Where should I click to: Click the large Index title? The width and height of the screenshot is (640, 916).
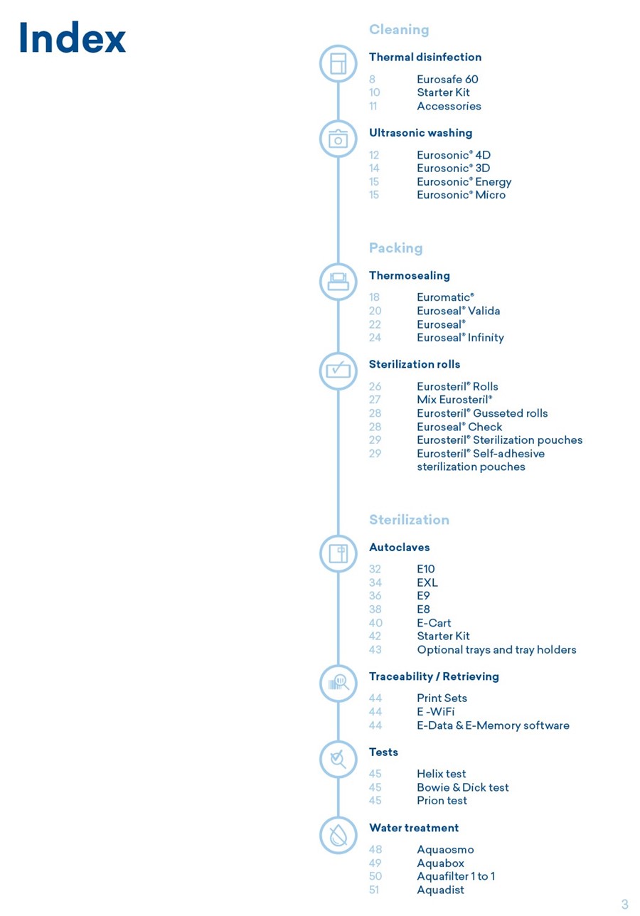point(73,37)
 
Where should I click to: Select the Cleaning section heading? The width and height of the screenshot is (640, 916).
point(399,30)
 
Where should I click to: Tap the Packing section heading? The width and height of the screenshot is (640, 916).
point(395,248)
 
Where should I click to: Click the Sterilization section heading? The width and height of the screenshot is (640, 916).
point(409,519)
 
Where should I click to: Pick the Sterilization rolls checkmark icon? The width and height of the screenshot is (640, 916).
point(338,371)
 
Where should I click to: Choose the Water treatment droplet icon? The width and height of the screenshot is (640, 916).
point(338,835)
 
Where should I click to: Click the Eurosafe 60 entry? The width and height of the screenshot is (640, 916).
point(447,79)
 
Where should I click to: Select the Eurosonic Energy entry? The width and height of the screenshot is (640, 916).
point(464,182)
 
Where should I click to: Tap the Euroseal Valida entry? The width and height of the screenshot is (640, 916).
point(459,311)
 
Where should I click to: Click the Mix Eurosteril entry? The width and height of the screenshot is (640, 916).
point(454,400)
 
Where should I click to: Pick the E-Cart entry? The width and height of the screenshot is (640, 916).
point(434,623)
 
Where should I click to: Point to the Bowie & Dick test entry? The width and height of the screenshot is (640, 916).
point(462,787)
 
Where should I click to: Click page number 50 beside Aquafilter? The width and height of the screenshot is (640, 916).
point(375,876)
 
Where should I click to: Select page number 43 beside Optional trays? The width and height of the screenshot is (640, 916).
point(375,649)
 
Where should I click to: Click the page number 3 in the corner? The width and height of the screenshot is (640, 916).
point(624,903)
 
